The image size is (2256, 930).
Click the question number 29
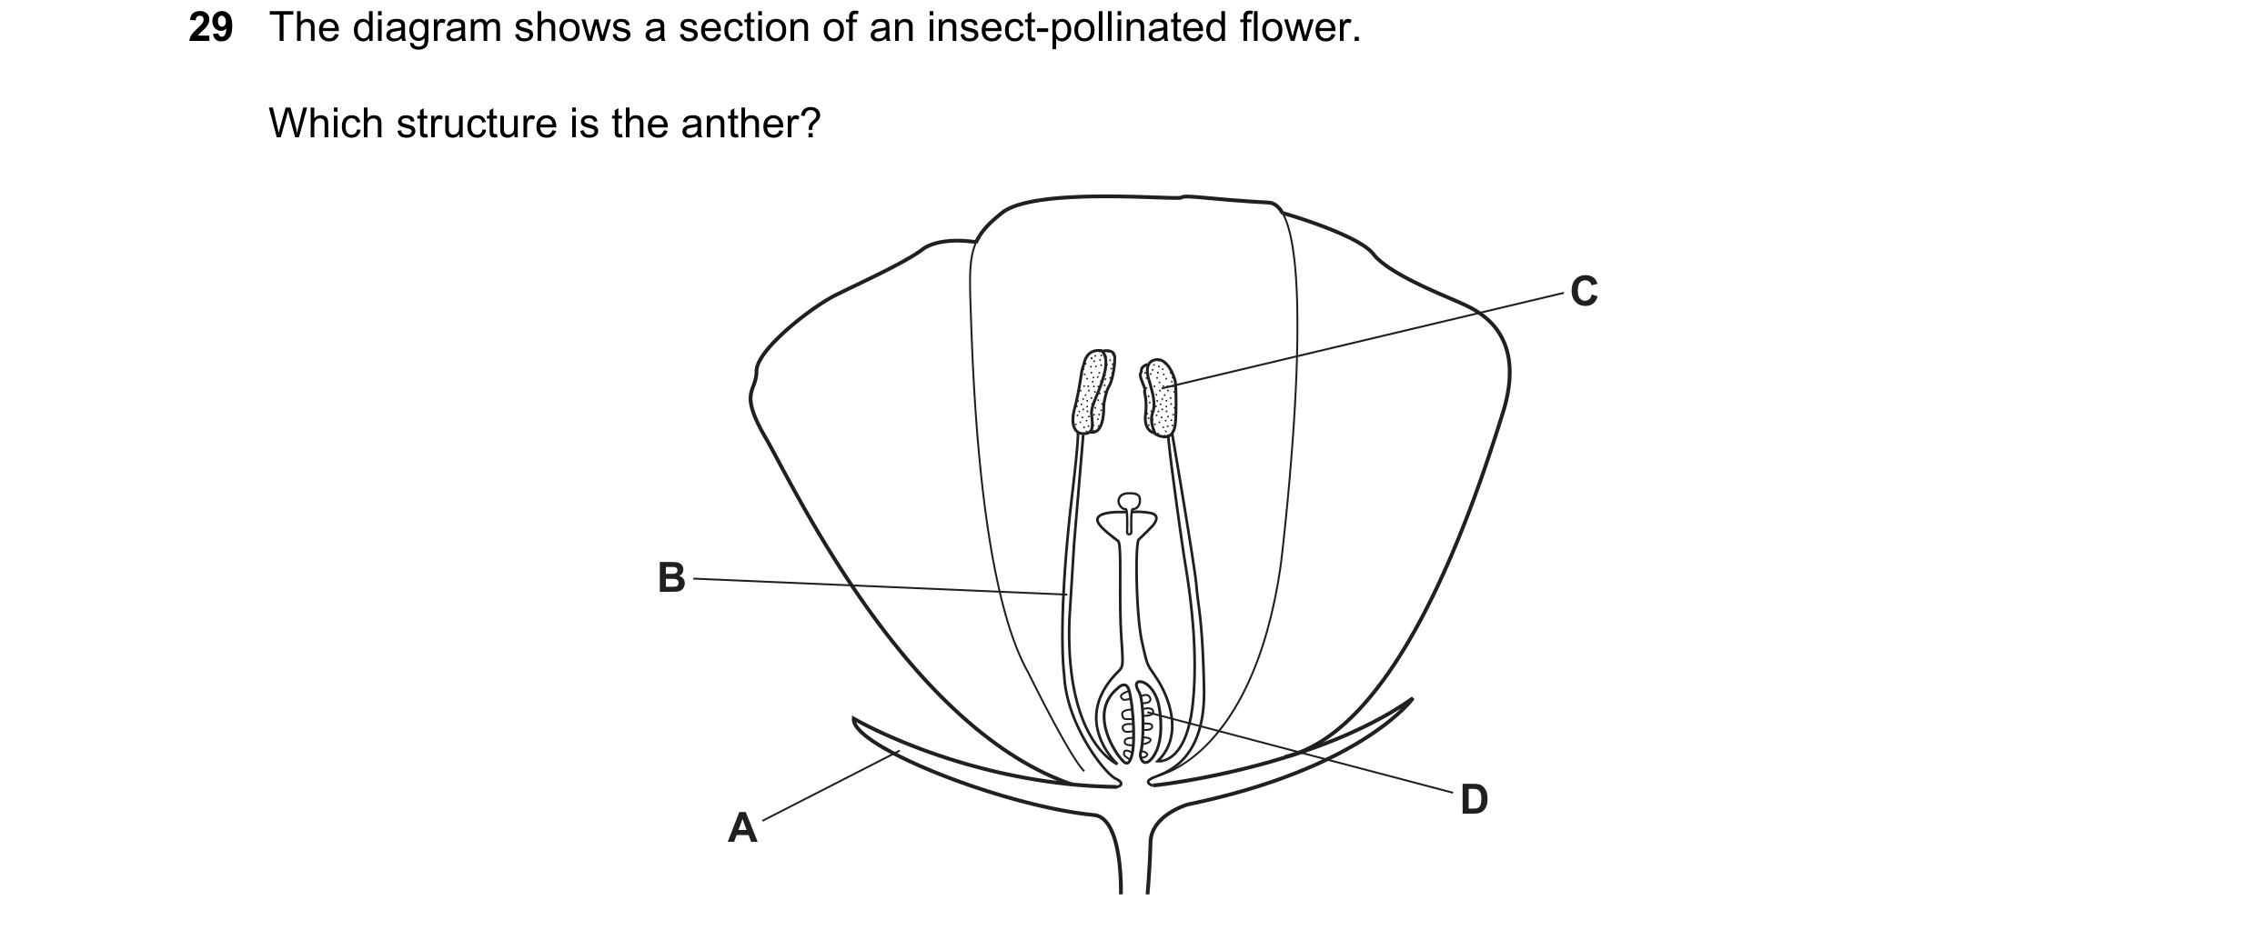point(211,28)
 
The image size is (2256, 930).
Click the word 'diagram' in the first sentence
point(427,29)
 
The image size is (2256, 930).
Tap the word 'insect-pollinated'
point(1077,29)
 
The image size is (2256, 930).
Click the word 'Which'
point(326,123)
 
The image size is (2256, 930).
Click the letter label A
point(742,828)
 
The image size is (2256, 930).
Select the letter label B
point(671,577)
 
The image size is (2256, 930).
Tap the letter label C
point(1584,292)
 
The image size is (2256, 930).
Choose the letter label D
point(1474,800)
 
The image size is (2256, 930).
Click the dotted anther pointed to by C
point(1159,398)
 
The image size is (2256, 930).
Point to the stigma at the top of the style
point(1128,502)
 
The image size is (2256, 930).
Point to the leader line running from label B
point(879,586)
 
